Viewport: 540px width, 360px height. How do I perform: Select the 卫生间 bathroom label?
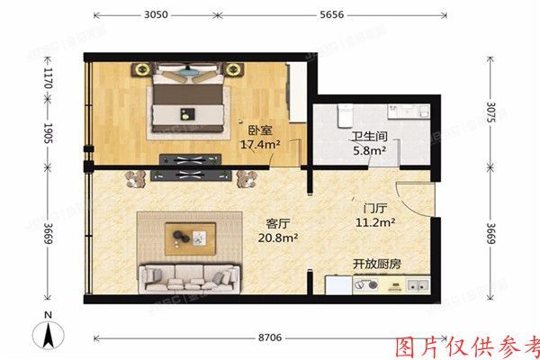369,139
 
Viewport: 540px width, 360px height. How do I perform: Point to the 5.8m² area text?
369,151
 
